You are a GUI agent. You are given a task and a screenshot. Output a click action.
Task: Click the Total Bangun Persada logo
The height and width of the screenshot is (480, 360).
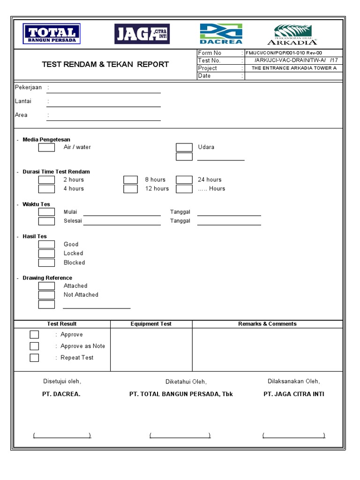(52, 34)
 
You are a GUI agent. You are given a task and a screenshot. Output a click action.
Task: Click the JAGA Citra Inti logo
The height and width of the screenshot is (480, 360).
(142, 34)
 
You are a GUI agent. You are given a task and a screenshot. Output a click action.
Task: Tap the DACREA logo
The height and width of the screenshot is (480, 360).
(221, 34)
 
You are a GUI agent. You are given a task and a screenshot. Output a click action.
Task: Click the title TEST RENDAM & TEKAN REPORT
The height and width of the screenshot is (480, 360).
(105, 64)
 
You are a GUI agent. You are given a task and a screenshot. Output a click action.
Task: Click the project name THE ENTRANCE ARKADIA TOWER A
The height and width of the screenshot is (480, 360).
(294, 68)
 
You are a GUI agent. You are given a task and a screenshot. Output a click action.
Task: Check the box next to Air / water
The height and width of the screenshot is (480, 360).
(46, 148)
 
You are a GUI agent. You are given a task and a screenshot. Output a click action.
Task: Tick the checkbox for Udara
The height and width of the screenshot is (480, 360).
(184, 148)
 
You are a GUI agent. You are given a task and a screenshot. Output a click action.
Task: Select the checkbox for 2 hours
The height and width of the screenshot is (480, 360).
(46, 180)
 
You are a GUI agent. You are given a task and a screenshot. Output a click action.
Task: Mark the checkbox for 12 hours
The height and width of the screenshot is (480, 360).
(131, 189)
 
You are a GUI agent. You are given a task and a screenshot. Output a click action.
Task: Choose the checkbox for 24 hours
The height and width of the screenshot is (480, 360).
(184, 180)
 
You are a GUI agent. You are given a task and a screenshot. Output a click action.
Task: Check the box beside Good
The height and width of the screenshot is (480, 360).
(46, 245)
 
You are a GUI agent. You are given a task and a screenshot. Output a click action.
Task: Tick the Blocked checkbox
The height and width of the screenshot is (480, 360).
(46, 262)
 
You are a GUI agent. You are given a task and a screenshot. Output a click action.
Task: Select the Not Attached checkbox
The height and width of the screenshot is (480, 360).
(46, 295)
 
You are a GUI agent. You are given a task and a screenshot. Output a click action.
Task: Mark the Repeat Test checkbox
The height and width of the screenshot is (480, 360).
(34, 358)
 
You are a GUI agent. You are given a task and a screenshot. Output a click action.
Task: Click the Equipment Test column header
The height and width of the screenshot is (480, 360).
(151, 324)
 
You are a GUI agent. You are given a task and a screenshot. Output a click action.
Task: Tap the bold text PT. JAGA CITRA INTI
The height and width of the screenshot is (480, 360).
(293, 394)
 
